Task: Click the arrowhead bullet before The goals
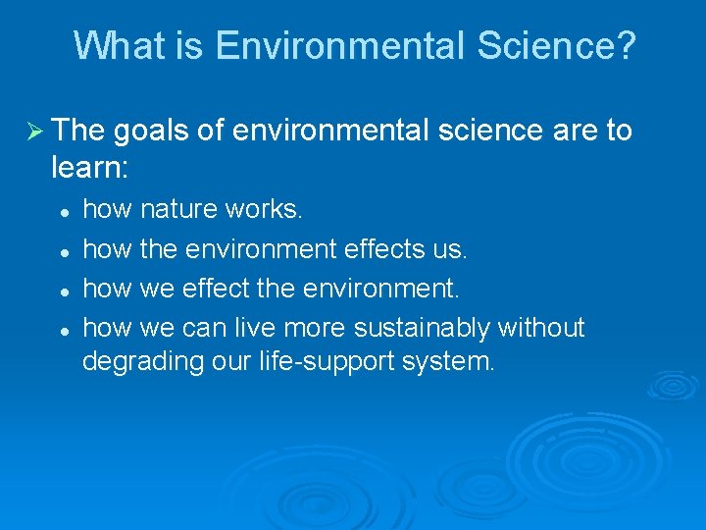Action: point(32,131)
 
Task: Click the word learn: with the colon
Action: point(89,168)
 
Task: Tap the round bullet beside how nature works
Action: point(62,211)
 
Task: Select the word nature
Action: point(181,209)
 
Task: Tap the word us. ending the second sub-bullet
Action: point(451,249)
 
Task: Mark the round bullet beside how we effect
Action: point(62,291)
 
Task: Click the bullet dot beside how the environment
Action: point(62,251)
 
